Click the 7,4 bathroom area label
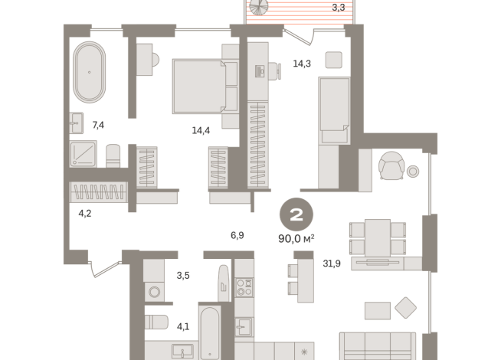pyautogui.click(x=98, y=125)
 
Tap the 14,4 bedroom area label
pyautogui.click(x=201, y=130)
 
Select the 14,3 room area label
pyautogui.click(x=302, y=64)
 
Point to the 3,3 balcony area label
pyautogui.click(x=339, y=8)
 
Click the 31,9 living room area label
pyautogui.click(x=332, y=263)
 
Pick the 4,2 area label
pyautogui.click(x=85, y=213)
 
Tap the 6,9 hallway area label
pyautogui.click(x=237, y=235)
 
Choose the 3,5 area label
pyautogui.click(x=183, y=275)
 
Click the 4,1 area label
pyautogui.click(x=183, y=326)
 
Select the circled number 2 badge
pyautogui.click(x=296, y=214)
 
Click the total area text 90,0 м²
pyautogui.click(x=296, y=239)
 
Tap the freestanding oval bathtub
pyautogui.click(x=89, y=72)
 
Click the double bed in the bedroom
pyautogui.click(x=206, y=87)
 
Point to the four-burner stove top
pyautogui.click(x=244, y=287)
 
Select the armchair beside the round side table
pyautogui.click(x=391, y=165)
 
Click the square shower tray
pyautogui.click(x=83, y=154)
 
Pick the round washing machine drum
pyautogui.click(x=155, y=292)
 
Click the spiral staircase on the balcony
pyautogui.click(x=259, y=6)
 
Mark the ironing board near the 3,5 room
pyautogui.click(x=224, y=283)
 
